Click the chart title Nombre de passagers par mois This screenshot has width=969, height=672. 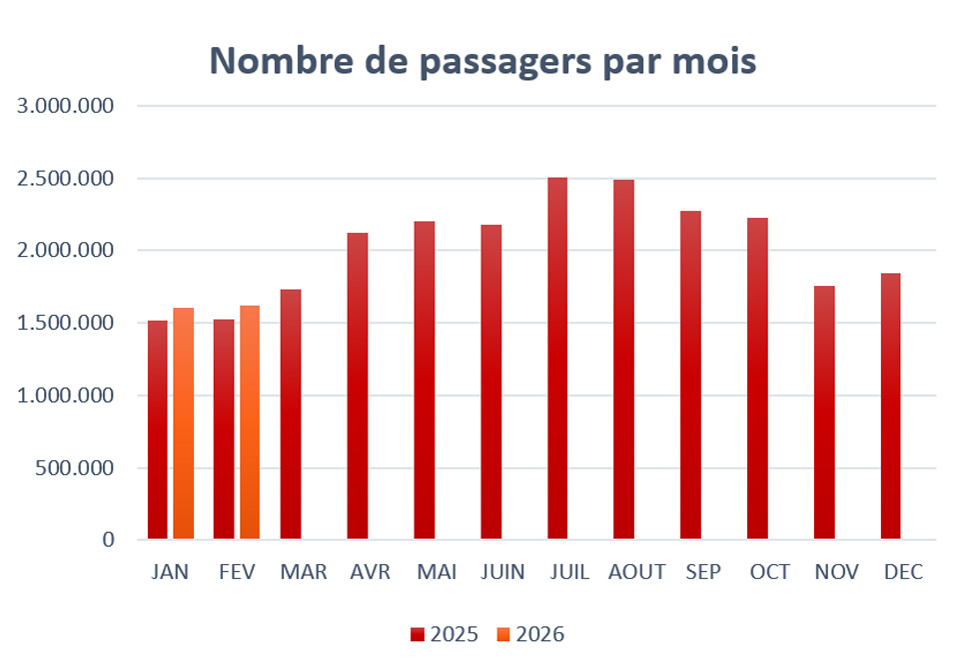[x=483, y=61]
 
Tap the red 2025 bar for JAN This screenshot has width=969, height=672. [x=158, y=430]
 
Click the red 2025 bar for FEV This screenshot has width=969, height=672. [x=224, y=430]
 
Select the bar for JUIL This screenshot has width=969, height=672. [x=557, y=359]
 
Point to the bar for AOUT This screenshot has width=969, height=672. [x=623, y=360]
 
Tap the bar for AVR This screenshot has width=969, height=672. [x=358, y=386]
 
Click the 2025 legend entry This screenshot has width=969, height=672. [x=445, y=634]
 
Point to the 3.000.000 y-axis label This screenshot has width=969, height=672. [x=67, y=106]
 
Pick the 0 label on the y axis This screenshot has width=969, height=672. [x=109, y=540]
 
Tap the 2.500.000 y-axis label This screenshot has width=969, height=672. [x=67, y=179]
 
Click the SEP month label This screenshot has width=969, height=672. [x=702, y=573]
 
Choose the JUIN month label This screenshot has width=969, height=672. [x=501, y=573]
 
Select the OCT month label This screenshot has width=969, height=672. [x=770, y=573]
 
